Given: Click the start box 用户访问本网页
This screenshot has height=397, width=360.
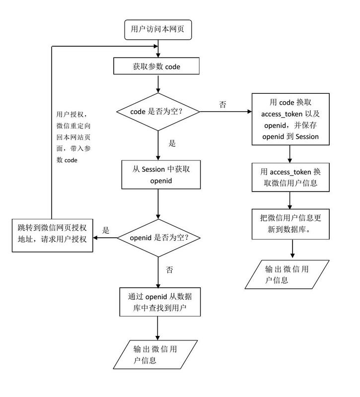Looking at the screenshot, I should pyautogui.click(x=157, y=29).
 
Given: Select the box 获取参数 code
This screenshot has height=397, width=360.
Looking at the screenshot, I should pyautogui.click(x=157, y=66).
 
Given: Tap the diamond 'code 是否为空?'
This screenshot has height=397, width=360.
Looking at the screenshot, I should pyautogui.click(x=157, y=113).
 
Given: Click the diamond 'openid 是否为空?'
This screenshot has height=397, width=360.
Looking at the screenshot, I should pyautogui.click(x=158, y=237).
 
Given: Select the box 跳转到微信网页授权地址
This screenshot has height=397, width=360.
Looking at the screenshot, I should pyautogui.click(x=53, y=234).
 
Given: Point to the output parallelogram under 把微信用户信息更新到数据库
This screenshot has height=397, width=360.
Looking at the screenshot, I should pyautogui.click(x=288, y=274).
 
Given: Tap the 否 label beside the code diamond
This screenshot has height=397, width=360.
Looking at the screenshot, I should pyautogui.click(x=223, y=105).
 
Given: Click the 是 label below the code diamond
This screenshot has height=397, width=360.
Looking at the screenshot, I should pyautogui.click(x=172, y=144).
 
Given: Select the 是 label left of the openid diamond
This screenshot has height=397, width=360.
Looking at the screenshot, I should pyautogui.click(x=105, y=230).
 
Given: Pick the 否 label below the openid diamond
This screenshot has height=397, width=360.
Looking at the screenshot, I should pyautogui.click(x=169, y=269).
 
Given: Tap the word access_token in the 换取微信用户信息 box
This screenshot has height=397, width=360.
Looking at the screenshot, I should pyautogui.click(x=290, y=172).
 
